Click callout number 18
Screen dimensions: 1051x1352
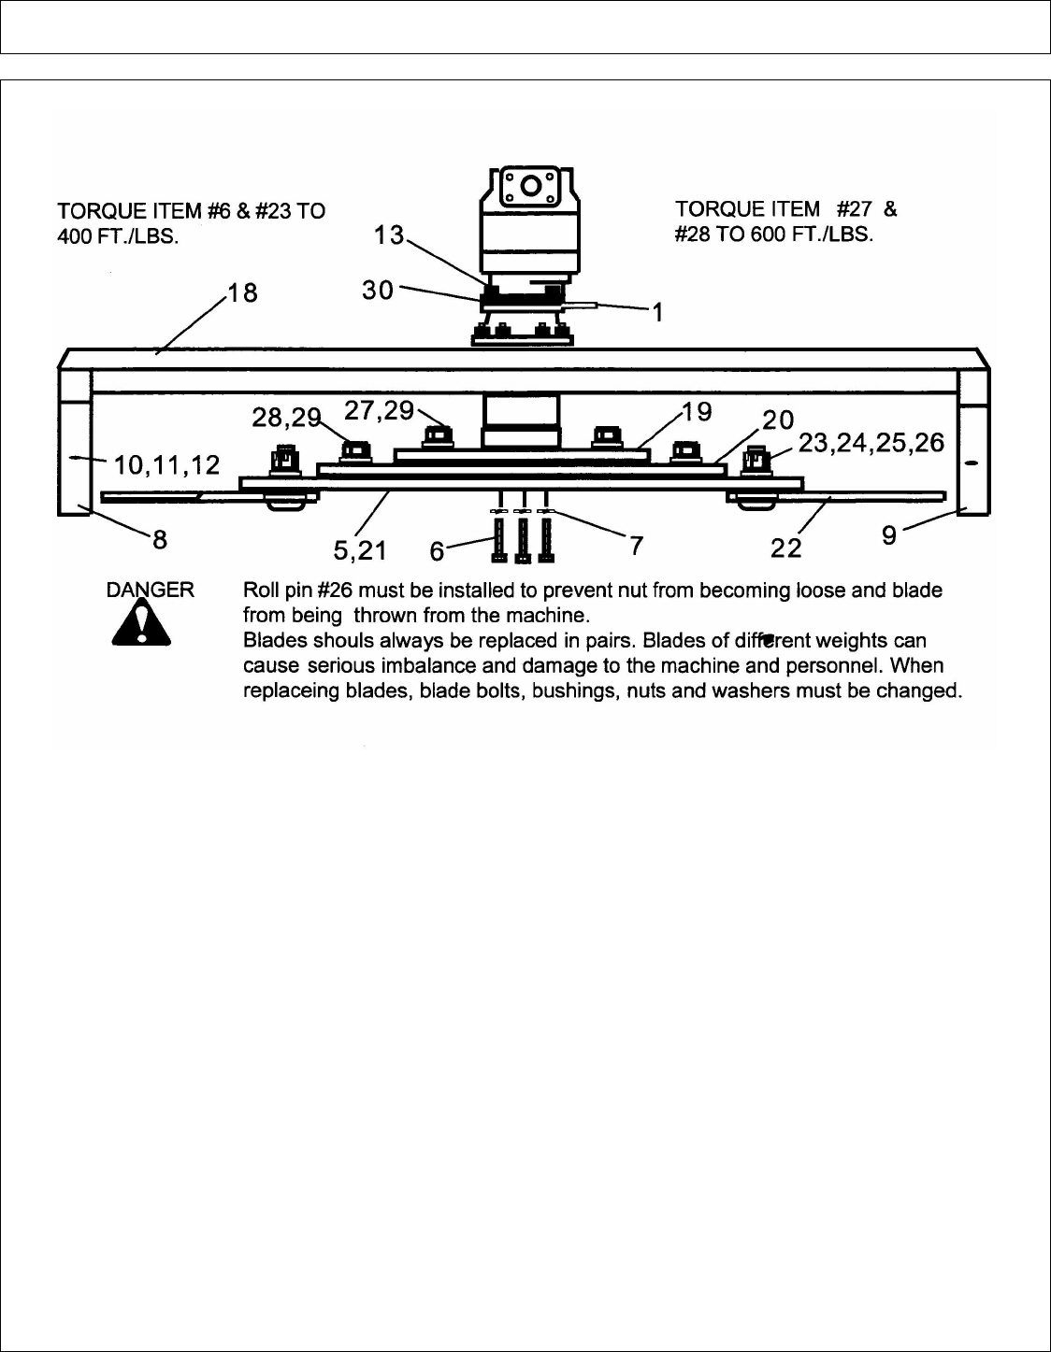(243, 292)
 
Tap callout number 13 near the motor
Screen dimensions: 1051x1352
(389, 235)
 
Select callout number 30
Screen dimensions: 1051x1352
(378, 290)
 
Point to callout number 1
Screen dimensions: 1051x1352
(657, 312)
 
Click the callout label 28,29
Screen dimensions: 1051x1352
(286, 417)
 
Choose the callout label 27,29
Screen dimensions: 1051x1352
(380, 410)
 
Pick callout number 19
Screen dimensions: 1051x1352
(697, 411)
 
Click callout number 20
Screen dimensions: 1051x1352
(778, 420)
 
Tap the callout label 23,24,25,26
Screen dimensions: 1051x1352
(871, 442)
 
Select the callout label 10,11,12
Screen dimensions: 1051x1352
(166, 464)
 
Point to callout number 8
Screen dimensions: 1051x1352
(160, 539)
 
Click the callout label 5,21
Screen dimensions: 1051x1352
(360, 550)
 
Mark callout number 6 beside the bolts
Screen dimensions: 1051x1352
(437, 551)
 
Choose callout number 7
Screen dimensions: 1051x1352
(636, 546)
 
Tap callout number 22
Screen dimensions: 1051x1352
(785, 548)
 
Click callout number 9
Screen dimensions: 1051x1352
(889, 535)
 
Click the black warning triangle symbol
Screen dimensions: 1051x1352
(141, 623)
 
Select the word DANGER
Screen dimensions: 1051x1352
(150, 590)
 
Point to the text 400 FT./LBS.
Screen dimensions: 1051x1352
(119, 237)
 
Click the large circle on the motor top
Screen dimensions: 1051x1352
(530, 185)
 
